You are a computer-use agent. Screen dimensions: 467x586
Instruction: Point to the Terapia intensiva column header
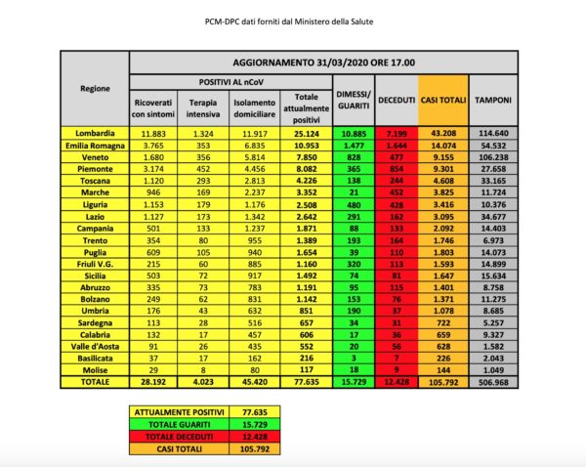coord(202,106)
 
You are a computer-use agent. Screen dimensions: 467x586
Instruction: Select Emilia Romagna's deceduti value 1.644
coord(396,144)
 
